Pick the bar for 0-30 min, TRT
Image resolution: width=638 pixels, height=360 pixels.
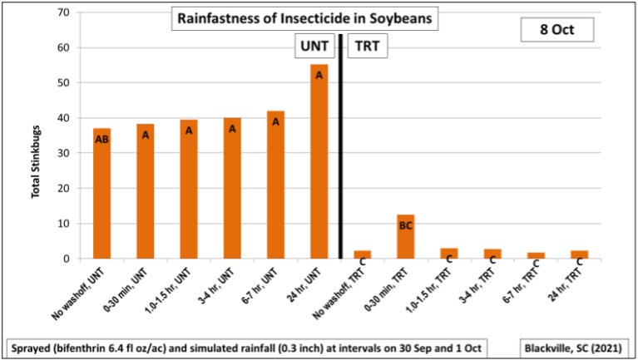coord(405,236)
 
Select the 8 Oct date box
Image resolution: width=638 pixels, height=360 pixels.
coord(557,30)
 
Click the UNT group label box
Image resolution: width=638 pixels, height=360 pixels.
coord(315,47)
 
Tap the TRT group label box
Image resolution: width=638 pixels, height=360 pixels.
coord(367,47)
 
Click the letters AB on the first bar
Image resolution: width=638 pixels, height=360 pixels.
coord(101,140)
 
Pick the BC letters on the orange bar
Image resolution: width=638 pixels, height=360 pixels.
coord(405,224)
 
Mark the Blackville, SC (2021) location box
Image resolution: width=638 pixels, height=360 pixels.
coord(573,345)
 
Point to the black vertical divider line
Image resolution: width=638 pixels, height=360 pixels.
coord(341,150)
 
